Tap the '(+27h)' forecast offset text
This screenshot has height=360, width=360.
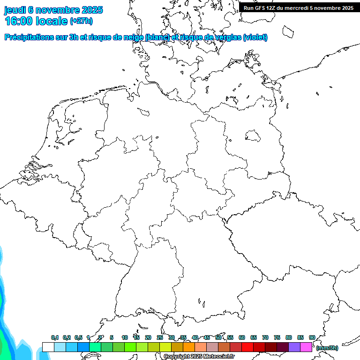tap(81, 21)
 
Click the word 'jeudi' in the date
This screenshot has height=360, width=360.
tap(15, 10)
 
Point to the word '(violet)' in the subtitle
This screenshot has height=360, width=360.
tap(255, 37)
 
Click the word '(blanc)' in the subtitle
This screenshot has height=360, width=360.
tap(157, 37)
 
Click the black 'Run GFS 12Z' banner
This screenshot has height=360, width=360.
tap(299, 7)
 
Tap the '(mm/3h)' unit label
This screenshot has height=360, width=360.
tap(327, 348)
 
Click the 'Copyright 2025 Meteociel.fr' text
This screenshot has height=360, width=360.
tap(199, 357)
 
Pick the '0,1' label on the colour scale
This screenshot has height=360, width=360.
tap(55, 338)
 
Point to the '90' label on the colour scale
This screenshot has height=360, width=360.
tap(312, 338)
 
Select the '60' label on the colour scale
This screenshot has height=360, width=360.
tap(242, 338)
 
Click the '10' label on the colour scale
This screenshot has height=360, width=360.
tap(125, 338)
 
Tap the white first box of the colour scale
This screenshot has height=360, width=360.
tap(48, 347)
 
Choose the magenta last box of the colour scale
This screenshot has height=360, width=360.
tap(306, 347)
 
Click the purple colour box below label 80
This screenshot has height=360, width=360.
tap(294, 347)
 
